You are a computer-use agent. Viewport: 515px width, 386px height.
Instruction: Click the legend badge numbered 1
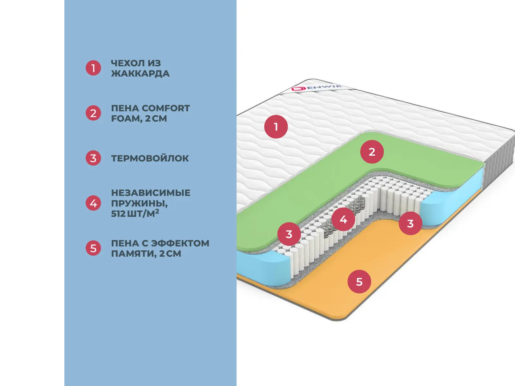93,68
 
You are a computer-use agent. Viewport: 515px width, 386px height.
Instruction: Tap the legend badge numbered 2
93,113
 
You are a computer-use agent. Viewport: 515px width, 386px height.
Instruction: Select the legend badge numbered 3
93,158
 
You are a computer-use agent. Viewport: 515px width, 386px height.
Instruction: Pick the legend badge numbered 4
93,203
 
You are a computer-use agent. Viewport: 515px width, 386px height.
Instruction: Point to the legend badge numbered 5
93,248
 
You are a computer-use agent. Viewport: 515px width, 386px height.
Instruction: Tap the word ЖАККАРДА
140,73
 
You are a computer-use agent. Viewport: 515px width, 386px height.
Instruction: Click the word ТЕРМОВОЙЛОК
150,158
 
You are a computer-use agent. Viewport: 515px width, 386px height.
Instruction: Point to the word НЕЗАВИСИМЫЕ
151,193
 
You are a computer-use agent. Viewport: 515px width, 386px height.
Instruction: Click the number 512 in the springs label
118,214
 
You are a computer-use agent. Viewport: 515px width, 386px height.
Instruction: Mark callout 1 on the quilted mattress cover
276,127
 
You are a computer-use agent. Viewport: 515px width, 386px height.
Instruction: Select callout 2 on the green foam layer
372,152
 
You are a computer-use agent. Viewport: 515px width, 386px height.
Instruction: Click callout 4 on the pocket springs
343,219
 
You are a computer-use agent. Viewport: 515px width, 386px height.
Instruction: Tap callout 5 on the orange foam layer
359,282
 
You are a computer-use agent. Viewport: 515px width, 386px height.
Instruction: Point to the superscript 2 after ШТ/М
157,211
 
